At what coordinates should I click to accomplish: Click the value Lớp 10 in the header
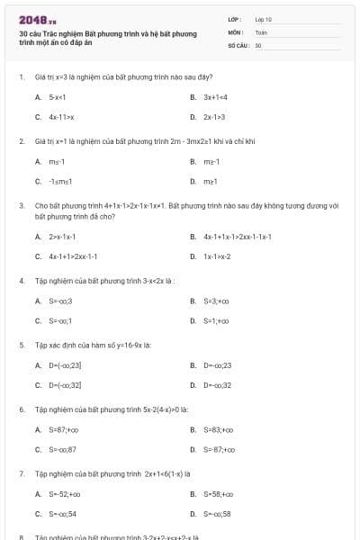point(263,18)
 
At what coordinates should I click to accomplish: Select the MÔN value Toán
point(261,31)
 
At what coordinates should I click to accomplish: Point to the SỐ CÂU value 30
point(258,44)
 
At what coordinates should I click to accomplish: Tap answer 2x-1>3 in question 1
point(214,117)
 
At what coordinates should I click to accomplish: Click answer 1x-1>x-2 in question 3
point(217,256)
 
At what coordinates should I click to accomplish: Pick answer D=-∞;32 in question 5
point(217,385)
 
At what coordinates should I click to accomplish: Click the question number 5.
point(21,345)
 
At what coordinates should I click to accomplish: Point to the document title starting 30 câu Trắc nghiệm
point(108,38)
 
